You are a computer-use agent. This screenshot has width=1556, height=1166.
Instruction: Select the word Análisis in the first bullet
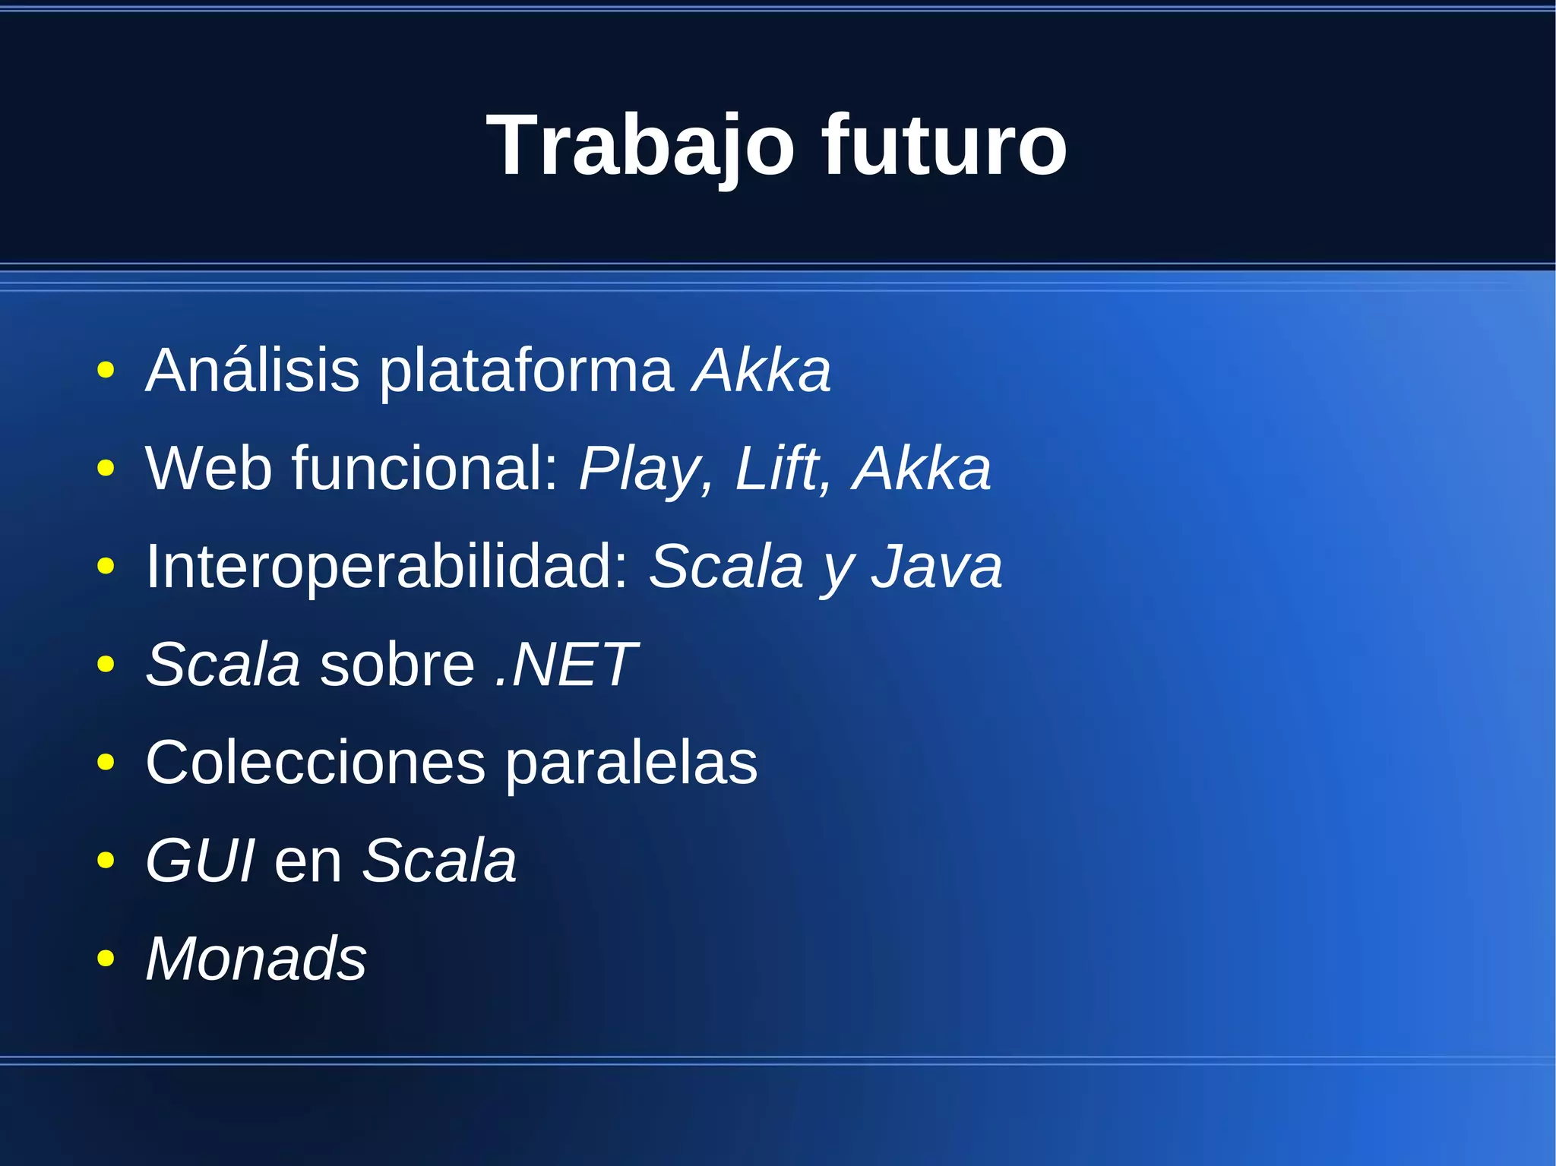coord(252,371)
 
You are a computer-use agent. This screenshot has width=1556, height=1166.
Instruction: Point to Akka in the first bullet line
coord(761,371)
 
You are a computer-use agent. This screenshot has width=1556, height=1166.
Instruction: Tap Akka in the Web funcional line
coord(922,469)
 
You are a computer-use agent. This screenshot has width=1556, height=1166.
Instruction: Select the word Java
coord(936,567)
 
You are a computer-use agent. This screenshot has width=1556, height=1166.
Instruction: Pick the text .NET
coord(565,665)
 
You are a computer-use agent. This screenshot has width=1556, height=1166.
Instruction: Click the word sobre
coord(397,665)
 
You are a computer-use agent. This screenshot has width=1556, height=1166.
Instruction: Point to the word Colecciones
coord(315,763)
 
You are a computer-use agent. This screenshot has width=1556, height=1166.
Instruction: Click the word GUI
coord(200,861)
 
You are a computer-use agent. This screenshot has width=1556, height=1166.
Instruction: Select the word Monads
coord(256,959)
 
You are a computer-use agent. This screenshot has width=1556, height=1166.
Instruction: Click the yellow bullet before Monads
coord(106,959)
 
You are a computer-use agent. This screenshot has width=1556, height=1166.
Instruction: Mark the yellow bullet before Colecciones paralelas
coord(106,763)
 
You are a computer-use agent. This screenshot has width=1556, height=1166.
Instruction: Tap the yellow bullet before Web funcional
coord(106,469)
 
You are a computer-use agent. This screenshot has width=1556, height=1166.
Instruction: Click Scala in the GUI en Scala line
coord(439,861)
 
